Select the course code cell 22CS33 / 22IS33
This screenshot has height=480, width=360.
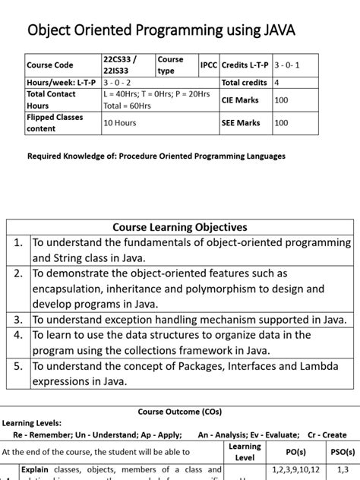(x=120, y=65)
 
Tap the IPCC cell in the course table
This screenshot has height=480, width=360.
(x=209, y=65)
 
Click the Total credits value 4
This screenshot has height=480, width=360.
(x=276, y=82)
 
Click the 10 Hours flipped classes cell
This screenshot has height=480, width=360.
(x=119, y=122)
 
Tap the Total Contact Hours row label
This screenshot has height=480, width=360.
(x=50, y=99)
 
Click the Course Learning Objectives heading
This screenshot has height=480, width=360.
(x=179, y=227)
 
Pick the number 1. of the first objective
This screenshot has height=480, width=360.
(x=18, y=243)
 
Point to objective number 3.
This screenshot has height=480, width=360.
(x=18, y=320)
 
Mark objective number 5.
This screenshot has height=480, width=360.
(x=18, y=366)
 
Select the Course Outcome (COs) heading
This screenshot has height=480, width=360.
(x=179, y=412)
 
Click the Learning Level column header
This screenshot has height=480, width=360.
(x=245, y=452)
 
